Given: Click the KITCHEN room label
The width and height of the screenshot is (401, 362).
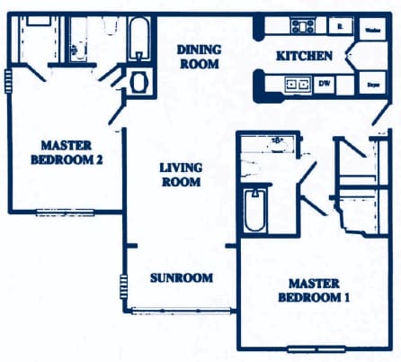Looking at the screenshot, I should click(x=304, y=56).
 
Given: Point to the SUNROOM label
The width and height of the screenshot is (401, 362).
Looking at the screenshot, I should click(x=181, y=277).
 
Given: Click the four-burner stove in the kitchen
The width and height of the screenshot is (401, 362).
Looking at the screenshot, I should click(x=300, y=26).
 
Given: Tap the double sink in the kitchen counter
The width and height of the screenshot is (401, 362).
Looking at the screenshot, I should click(x=297, y=85).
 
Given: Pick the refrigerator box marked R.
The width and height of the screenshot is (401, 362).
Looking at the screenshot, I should click(x=339, y=26).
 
